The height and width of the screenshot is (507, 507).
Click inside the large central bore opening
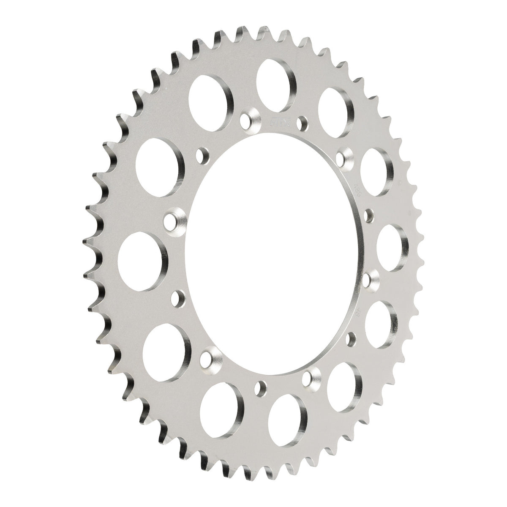point(270,253)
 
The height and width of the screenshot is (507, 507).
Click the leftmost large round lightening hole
point(142,260)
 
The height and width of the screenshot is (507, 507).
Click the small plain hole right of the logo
point(301,122)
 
